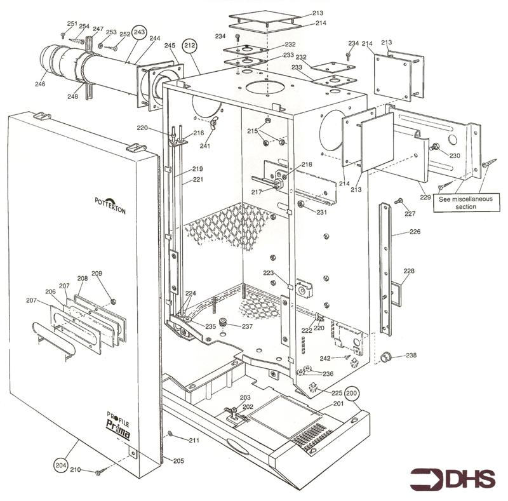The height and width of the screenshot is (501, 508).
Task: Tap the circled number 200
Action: (x=352, y=393)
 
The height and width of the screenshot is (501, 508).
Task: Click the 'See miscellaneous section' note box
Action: (x=465, y=203)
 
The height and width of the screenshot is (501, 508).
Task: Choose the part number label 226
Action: (x=415, y=232)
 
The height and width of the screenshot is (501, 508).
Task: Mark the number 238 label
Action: (x=411, y=356)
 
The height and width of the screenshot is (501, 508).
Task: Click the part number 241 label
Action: (x=205, y=146)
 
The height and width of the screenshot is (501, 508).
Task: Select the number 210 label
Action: (x=75, y=470)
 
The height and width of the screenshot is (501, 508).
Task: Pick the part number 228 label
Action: (x=409, y=271)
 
